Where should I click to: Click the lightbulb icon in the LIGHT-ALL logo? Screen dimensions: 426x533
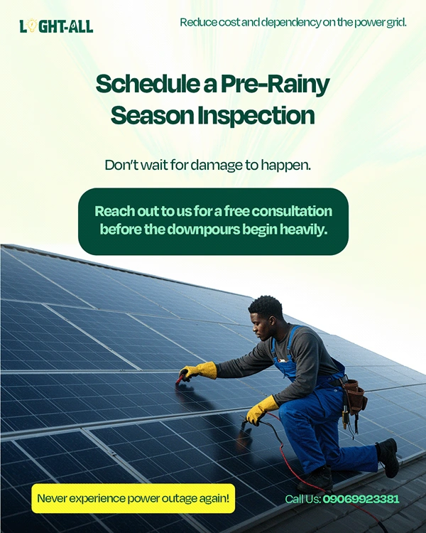tap(32, 26)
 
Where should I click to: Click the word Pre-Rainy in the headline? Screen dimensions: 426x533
tap(275, 85)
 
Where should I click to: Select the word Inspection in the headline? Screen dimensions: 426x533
tap(256, 117)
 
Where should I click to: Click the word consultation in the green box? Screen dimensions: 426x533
tap(292, 211)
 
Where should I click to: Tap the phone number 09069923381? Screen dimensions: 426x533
tap(361, 499)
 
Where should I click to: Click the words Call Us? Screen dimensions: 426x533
tap(302, 499)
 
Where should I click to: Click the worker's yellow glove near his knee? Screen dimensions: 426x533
tap(261, 409)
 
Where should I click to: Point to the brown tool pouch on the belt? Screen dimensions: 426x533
tap(354, 397)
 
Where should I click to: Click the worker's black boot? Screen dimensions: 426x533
tap(388, 457)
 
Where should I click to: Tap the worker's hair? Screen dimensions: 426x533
tap(266, 306)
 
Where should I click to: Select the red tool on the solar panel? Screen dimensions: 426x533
tap(181, 377)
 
